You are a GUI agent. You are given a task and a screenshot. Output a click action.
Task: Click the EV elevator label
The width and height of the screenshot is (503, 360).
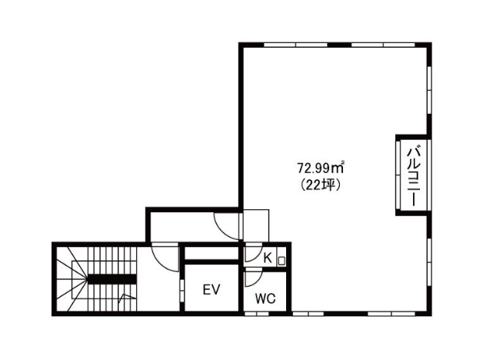[x=212, y=290]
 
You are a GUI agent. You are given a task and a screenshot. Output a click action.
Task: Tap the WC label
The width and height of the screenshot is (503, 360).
[x=265, y=298]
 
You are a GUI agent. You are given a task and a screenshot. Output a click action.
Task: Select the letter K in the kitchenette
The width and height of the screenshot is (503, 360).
[x=267, y=258]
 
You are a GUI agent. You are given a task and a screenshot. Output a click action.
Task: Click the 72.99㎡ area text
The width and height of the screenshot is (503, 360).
[x=321, y=168]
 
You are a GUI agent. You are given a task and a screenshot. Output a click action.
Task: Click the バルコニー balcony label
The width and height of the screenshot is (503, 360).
[x=413, y=176]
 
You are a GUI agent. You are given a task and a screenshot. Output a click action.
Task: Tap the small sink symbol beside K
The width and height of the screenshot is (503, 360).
[x=281, y=261]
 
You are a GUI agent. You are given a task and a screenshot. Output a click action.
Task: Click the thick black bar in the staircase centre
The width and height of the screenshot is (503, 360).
[x=112, y=279]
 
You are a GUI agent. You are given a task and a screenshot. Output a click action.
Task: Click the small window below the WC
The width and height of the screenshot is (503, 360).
[x=257, y=314]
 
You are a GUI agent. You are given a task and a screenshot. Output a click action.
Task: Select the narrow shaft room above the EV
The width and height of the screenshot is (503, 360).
[x=212, y=253]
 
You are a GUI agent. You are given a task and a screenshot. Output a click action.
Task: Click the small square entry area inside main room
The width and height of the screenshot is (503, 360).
[x=256, y=225]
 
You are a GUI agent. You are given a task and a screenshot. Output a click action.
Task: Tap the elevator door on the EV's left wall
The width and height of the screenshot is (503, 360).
[x=182, y=290]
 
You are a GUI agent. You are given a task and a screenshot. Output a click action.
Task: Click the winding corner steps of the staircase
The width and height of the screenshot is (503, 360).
[x=72, y=279]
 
